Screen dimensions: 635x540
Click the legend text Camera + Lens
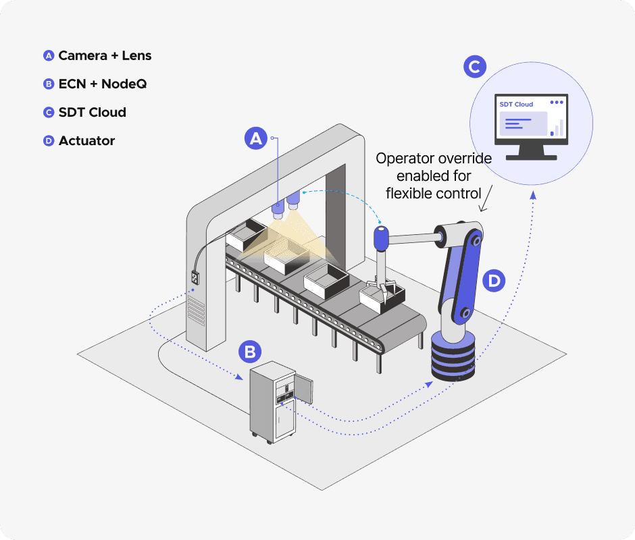click(x=105, y=55)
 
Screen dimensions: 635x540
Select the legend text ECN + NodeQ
click(x=103, y=84)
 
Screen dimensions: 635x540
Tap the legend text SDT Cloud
click(x=93, y=112)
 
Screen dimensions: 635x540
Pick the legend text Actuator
click(x=86, y=140)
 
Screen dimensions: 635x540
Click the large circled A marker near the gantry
click(x=256, y=138)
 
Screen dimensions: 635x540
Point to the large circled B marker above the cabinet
click(x=250, y=352)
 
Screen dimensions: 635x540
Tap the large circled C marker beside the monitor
click(x=475, y=67)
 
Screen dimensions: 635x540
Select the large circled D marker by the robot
click(x=494, y=281)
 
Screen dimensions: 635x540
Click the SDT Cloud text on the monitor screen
click(x=516, y=105)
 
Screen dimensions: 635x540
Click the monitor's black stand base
click(x=532, y=157)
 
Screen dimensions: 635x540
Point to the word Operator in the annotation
click(x=400, y=159)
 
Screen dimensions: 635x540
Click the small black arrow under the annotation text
click(x=486, y=198)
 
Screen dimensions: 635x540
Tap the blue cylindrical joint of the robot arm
click(x=381, y=239)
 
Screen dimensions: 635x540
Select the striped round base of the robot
click(x=453, y=357)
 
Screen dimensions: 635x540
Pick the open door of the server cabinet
click(x=303, y=389)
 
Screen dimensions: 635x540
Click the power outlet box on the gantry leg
click(x=195, y=277)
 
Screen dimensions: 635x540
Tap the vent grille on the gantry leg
click(x=197, y=310)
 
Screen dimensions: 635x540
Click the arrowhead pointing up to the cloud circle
click(x=534, y=195)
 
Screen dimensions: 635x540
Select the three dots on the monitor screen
click(x=557, y=103)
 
